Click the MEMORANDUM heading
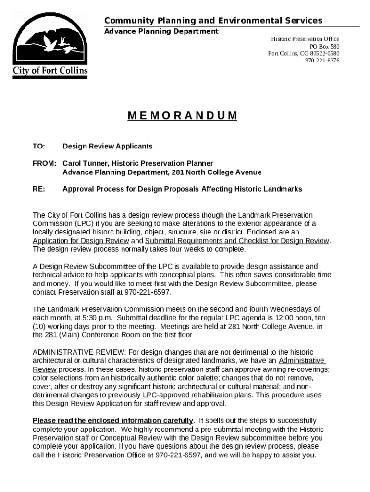(183, 116)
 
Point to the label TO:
(38, 146)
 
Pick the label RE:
(39, 189)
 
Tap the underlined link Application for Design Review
(81, 241)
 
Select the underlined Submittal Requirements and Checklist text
(237, 241)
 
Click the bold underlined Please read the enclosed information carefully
(112, 421)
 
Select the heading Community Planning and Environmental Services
(213, 21)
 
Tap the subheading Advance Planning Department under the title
(161, 31)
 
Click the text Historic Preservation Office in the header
(305, 39)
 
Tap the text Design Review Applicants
(107, 146)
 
